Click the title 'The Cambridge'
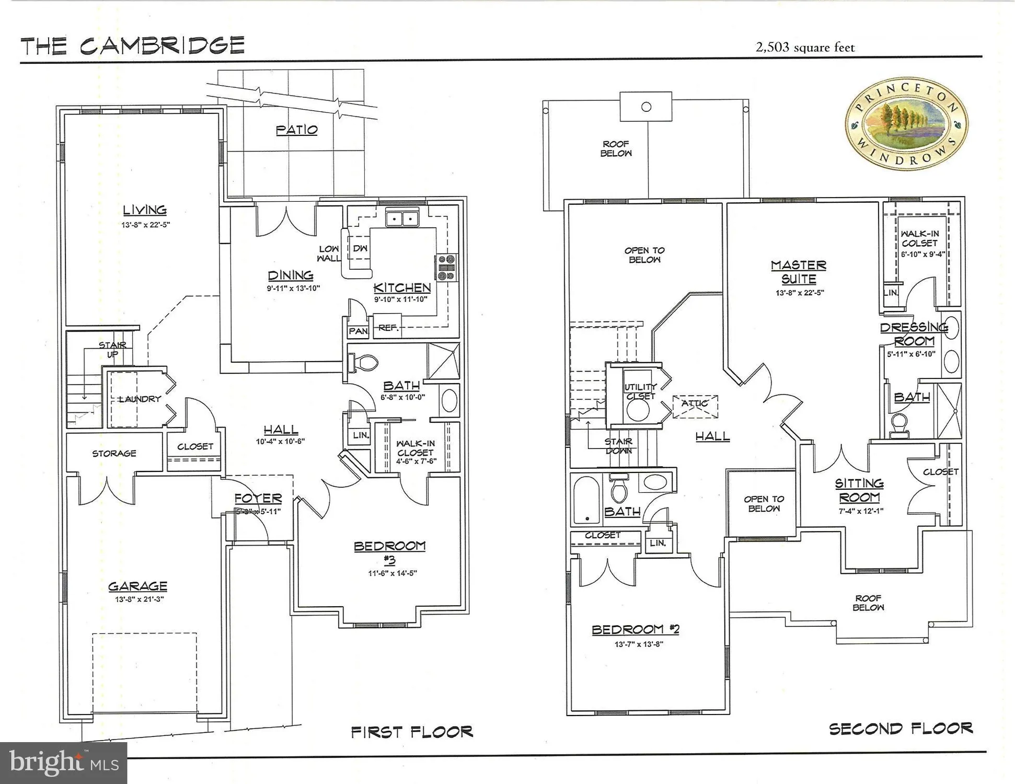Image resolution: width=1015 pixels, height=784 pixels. pos(133,45)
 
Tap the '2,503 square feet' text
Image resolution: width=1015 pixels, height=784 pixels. pos(805,48)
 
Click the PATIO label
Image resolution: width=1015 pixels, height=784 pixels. pos(296,130)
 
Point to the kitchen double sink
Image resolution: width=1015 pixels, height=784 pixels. pos(402,218)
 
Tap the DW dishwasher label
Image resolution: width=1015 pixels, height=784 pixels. pos(360,249)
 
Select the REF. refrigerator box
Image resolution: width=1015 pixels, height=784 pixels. pos(387,327)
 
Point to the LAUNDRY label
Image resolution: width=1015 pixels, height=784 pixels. pos(139,399)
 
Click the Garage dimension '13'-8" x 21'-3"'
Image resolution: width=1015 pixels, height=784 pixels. pos(139,599)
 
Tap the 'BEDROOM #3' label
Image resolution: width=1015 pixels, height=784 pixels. pos(389,552)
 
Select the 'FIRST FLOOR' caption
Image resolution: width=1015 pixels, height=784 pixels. pos(412,732)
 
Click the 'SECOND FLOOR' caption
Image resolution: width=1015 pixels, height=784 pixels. pos(901,729)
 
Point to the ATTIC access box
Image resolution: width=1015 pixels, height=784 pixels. pos(695,406)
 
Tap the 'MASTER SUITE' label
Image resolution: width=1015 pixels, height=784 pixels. pos(799,272)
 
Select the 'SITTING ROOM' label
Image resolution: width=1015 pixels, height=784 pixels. pos(859,490)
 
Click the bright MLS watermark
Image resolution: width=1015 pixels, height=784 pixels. pos(63,763)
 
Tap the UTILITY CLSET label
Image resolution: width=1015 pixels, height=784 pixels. pos(640,391)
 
